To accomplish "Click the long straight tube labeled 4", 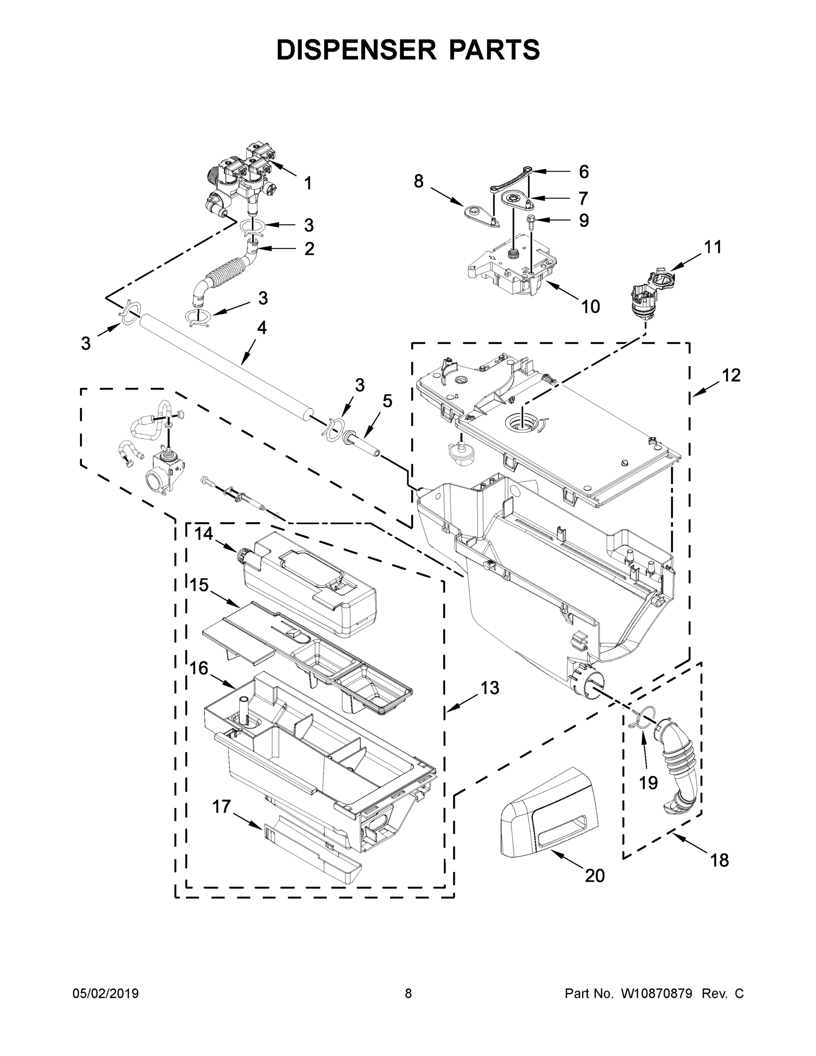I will [x=223, y=367].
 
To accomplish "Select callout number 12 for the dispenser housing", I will [x=732, y=375].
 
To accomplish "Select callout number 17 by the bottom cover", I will [x=221, y=807].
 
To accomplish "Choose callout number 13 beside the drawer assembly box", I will [x=490, y=688].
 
